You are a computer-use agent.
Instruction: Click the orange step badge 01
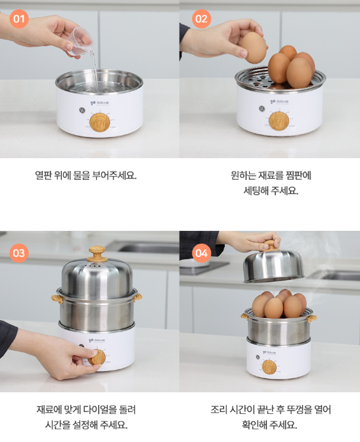pos(19,19)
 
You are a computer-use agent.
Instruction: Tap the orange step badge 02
pos(201,19)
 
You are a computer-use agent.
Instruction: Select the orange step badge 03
pos(19,253)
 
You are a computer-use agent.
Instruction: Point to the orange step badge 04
pos(201,253)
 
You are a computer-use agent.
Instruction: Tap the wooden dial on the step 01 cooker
pos(100,122)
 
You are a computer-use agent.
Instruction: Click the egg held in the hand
pos(254,47)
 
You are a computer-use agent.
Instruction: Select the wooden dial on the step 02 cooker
pos(279,121)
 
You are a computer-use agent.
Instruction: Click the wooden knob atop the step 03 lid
pos(97,253)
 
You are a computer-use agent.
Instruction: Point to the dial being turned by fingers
pos(97,357)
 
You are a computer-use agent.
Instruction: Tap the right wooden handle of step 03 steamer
pos(138,297)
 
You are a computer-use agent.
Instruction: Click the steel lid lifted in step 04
pos(273,266)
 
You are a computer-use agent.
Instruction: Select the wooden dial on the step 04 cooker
pos(270,367)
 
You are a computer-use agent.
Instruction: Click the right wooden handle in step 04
pos(312,318)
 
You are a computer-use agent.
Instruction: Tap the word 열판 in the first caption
pos(43,175)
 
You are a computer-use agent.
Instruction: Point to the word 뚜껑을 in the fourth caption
pos(299,409)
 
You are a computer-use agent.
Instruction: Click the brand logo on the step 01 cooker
pos(99,103)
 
